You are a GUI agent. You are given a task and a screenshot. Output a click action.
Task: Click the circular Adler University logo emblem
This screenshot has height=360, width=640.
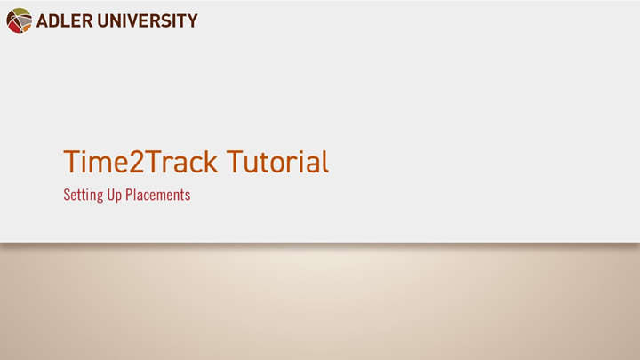coord(19,20)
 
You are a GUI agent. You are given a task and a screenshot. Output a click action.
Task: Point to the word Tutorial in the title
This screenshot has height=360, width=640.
coord(277,162)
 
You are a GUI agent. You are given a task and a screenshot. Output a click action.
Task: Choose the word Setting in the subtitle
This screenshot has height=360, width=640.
coord(83,196)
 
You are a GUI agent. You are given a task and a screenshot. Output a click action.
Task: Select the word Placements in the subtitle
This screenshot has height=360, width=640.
coord(159,196)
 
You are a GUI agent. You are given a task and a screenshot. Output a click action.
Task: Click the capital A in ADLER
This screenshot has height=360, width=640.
coord(43,20)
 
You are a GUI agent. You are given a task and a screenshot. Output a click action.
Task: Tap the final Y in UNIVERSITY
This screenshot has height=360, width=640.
coord(191,20)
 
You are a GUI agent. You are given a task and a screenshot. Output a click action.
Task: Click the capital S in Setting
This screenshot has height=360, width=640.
coord(67,196)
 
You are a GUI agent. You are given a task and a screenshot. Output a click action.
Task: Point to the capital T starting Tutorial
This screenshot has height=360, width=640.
coord(235,162)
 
